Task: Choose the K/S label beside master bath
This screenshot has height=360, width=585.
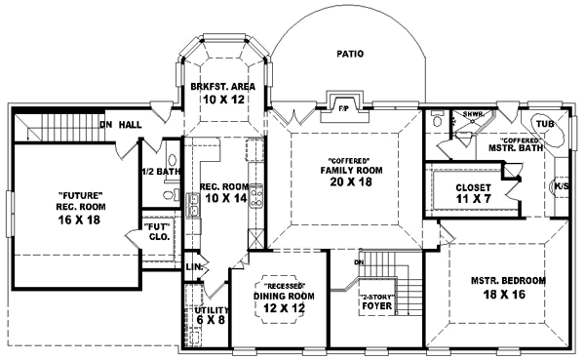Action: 562,185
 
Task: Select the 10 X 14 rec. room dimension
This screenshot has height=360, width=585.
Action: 222,199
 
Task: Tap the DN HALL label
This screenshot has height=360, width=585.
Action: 124,125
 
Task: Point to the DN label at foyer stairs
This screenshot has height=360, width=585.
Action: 358,262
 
